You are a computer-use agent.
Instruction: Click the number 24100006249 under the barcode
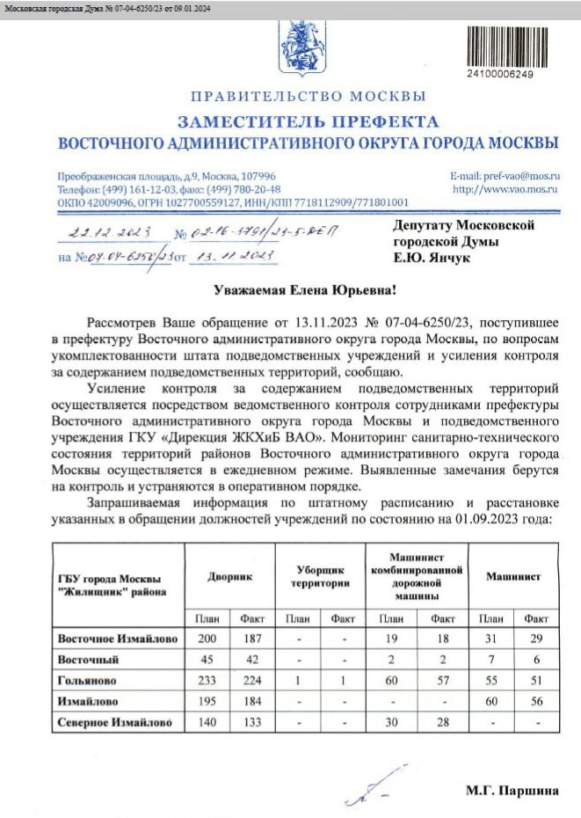pos(500,74)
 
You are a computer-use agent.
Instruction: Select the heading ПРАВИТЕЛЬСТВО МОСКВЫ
pos(309,96)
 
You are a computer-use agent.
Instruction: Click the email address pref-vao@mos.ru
pos(505,176)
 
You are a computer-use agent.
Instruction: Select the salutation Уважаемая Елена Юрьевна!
pos(306,289)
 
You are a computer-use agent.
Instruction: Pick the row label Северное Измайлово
pos(114,723)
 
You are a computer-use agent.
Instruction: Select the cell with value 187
pos(253,638)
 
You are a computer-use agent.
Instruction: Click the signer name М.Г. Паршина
pos(512,791)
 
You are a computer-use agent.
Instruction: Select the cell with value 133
pos(253,723)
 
